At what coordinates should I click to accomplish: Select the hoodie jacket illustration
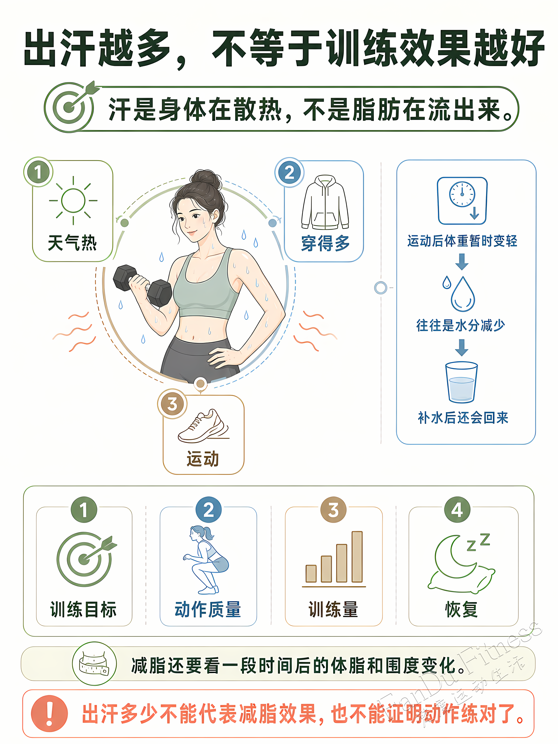325,202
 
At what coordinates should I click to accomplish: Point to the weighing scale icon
462,201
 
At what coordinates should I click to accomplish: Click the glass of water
462,382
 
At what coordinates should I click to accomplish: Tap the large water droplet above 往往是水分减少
463,294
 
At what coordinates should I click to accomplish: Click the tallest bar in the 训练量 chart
357,557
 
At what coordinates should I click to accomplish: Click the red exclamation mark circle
49,713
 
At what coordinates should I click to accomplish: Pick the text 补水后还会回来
463,418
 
